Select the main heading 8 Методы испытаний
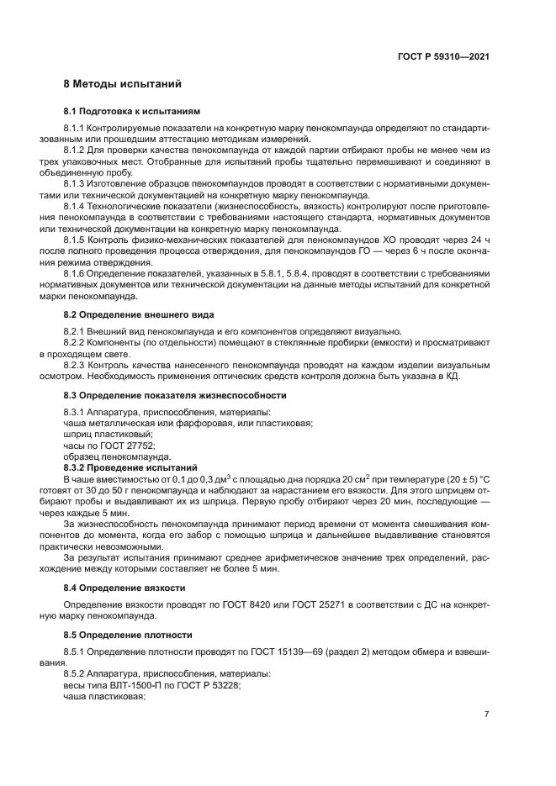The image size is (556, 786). click(x=122, y=85)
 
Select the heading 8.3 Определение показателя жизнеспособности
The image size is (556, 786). click(x=175, y=395)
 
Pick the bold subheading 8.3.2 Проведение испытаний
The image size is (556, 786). click(x=130, y=467)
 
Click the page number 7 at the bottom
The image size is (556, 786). click(x=486, y=715)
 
